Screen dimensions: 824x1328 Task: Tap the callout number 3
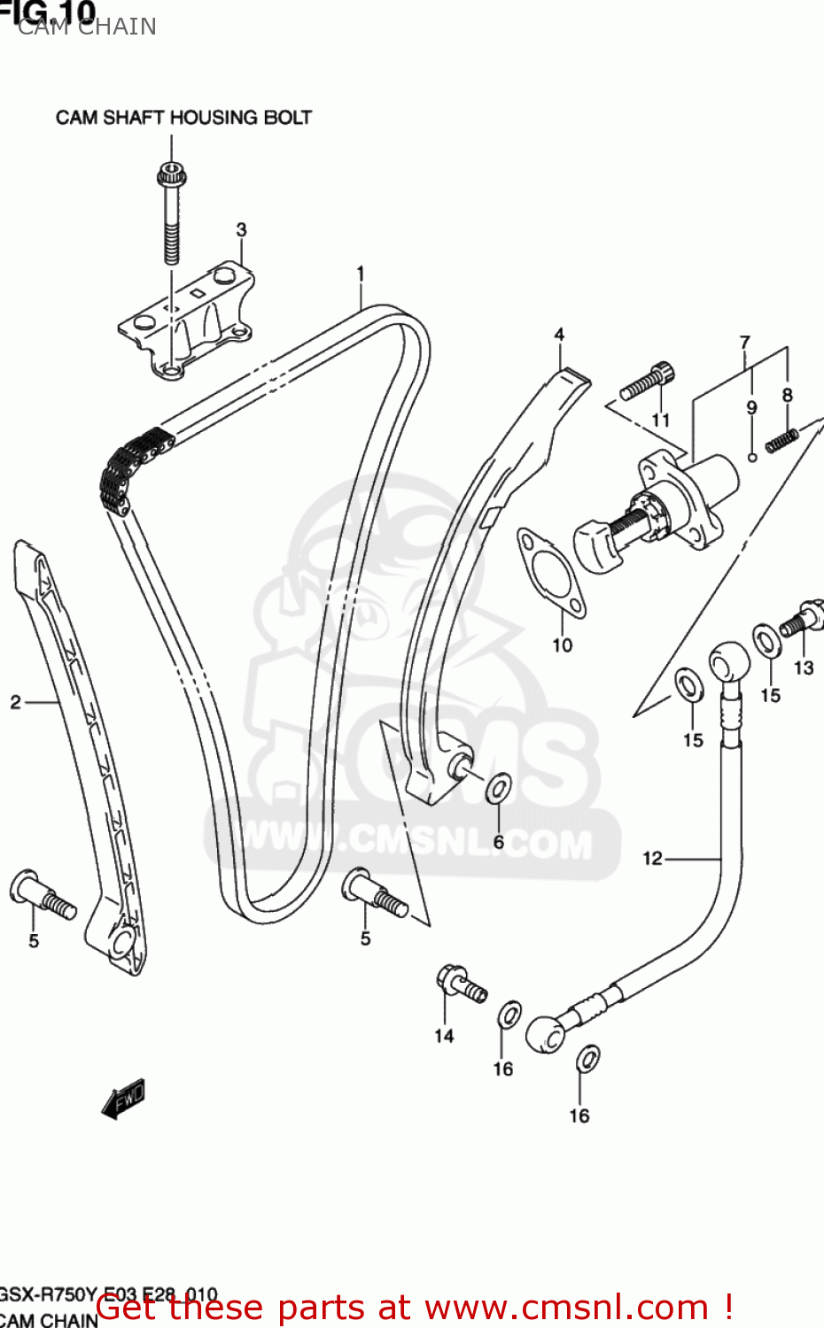[241, 230]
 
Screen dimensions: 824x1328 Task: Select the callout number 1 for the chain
[361, 274]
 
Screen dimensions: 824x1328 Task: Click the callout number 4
[559, 335]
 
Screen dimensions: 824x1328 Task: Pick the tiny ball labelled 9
[752, 457]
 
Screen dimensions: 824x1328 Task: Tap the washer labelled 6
[500, 787]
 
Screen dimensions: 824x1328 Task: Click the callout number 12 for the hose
[652, 858]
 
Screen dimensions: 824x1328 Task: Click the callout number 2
[15, 703]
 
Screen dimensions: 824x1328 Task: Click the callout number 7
[744, 342]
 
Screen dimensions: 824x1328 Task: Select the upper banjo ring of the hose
[728, 660]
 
